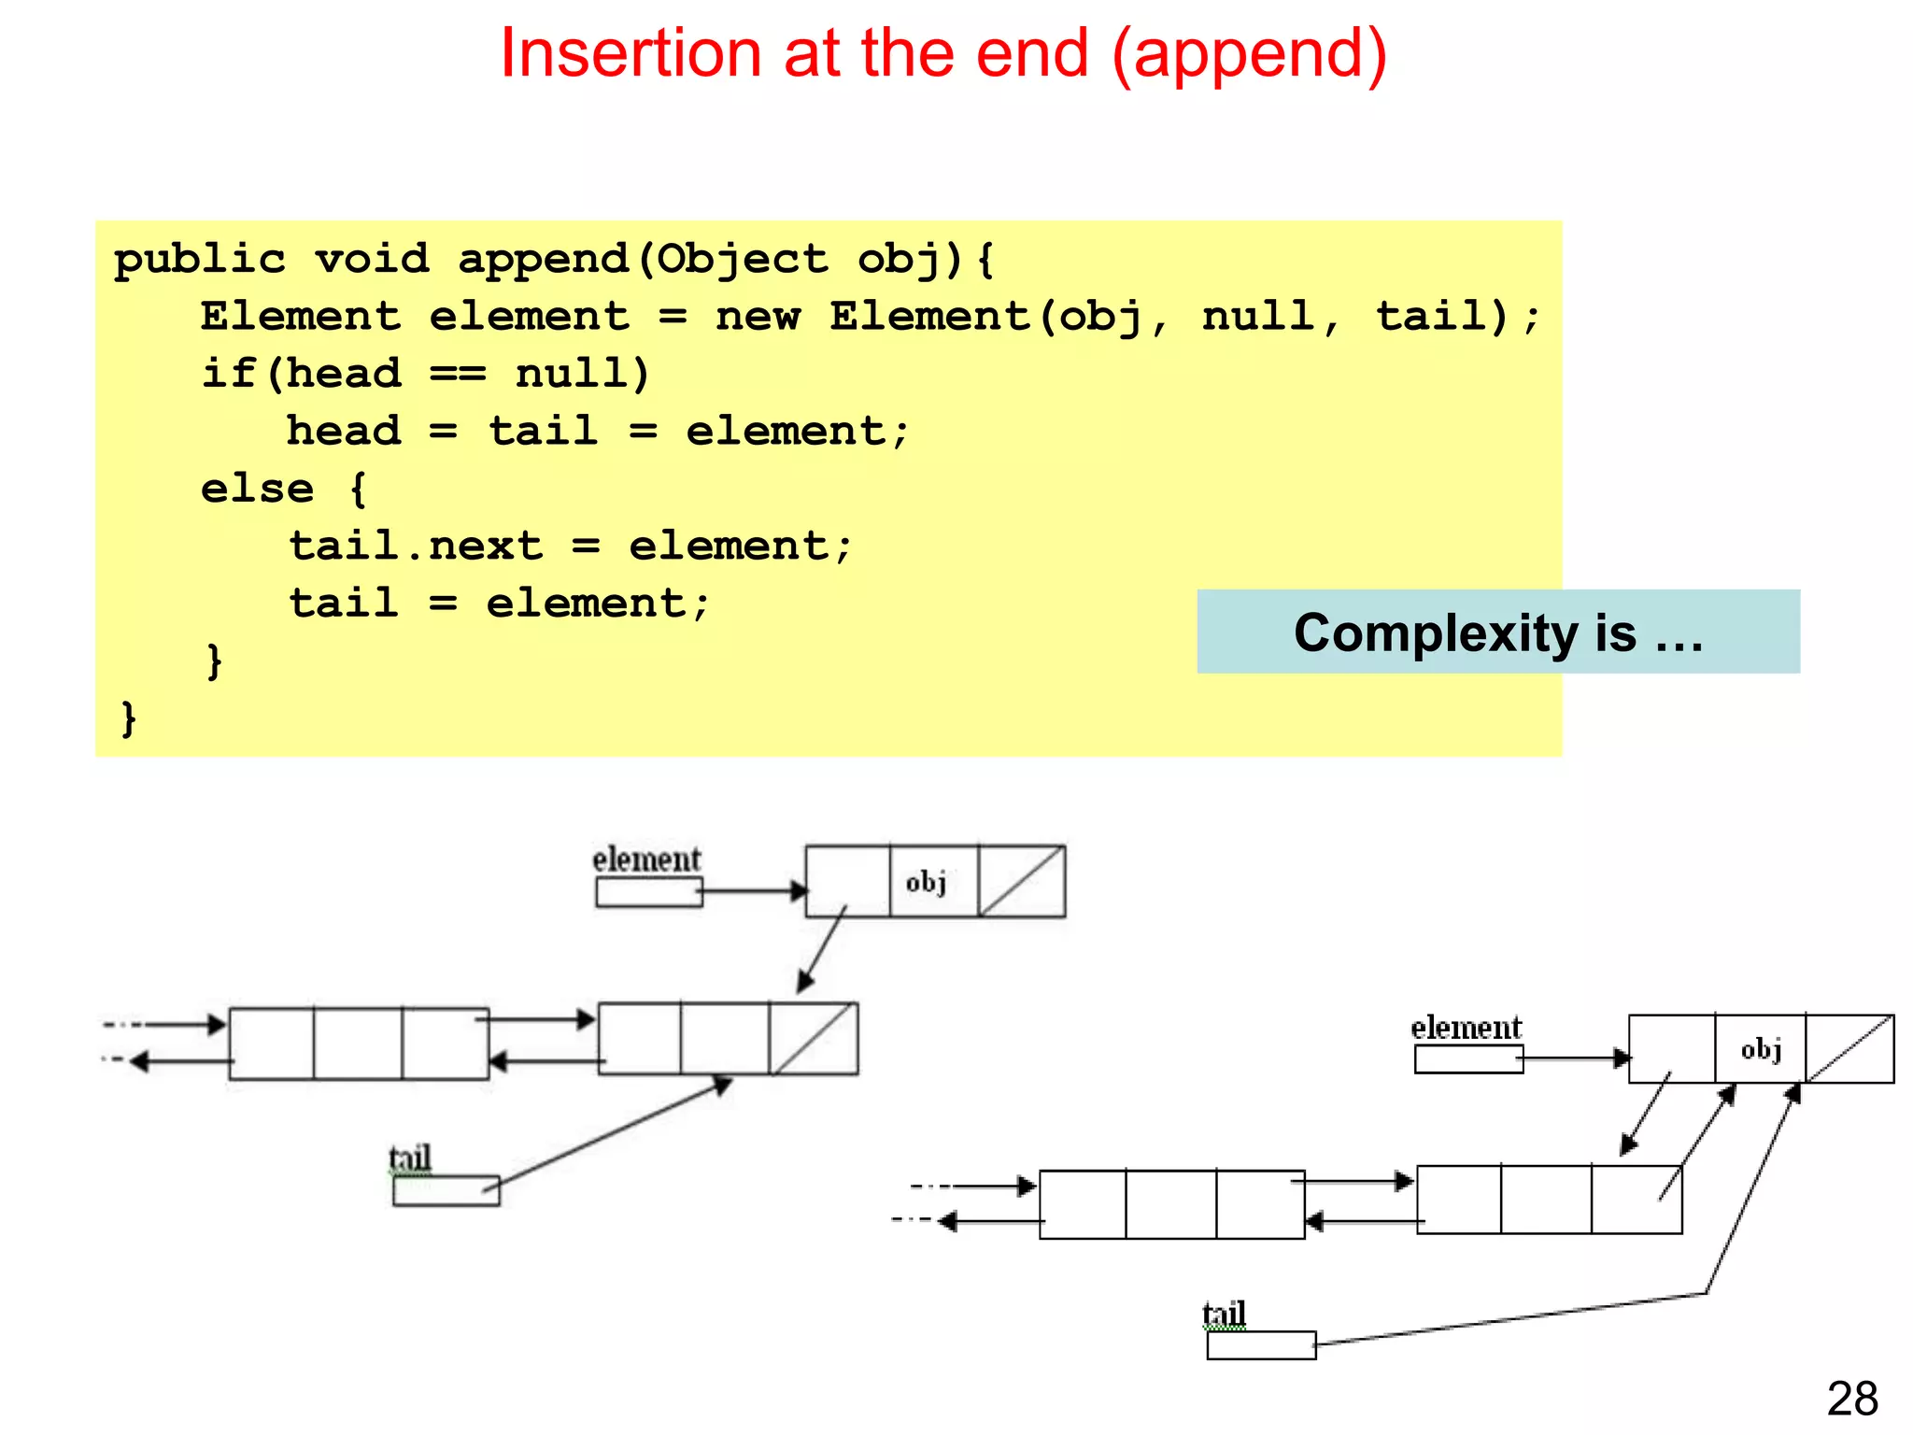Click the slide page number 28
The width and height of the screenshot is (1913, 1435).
click(1852, 1399)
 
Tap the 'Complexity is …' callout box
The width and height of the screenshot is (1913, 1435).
click(1497, 632)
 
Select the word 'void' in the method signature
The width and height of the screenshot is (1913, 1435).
click(372, 259)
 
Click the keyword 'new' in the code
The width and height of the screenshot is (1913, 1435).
click(758, 317)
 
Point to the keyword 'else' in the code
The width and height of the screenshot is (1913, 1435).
click(258, 489)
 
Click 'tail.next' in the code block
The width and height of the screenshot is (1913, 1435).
click(416, 547)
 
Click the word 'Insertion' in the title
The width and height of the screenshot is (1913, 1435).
click(631, 54)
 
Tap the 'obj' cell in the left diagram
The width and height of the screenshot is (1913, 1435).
click(931, 882)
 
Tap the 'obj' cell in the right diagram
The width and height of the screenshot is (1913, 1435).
click(1760, 1049)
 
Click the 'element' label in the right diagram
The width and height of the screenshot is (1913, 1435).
click(1466, 1028)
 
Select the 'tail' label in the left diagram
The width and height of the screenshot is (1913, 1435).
click(410, 1158)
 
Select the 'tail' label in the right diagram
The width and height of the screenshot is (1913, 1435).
click(1224, 1314)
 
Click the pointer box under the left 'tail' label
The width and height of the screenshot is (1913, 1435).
click(446, 1191)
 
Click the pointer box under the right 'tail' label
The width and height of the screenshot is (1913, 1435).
click(1260, 1345)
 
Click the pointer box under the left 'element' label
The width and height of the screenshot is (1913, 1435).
click(648, 892)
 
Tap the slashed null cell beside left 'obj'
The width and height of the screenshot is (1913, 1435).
click(1021, 882)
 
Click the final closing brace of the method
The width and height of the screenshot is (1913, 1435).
click(129, 718)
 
